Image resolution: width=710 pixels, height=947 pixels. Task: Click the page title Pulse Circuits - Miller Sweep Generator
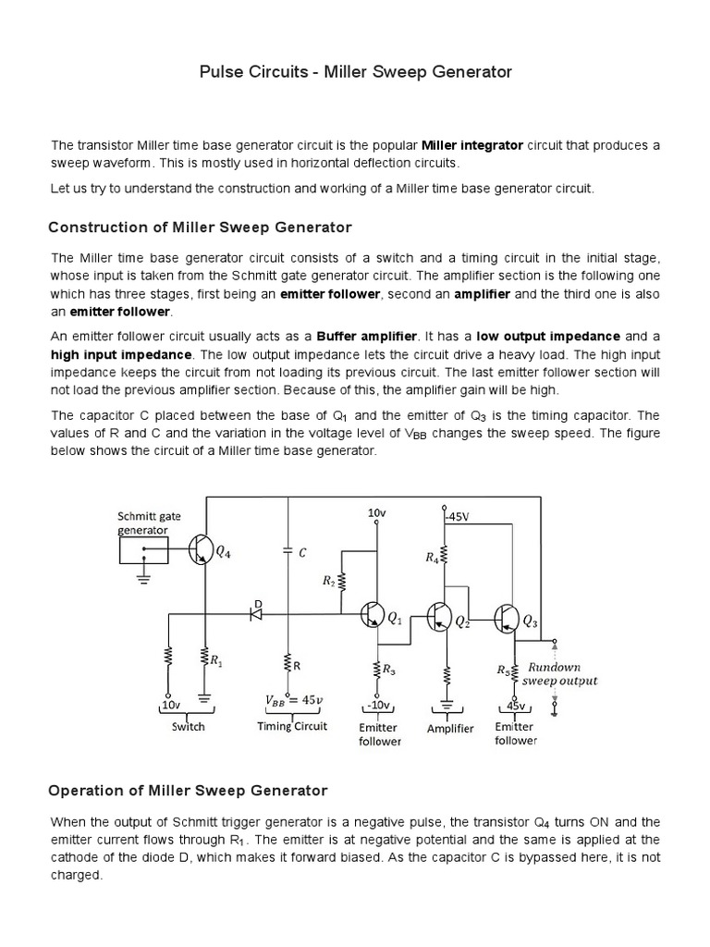[355, 71]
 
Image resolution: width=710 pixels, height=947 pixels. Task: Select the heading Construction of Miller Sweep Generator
[200, 227]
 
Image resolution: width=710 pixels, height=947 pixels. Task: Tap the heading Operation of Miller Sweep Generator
[187, 791]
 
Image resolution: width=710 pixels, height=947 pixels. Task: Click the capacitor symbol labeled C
[288, 551]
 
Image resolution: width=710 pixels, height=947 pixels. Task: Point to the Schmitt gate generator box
[143, 550]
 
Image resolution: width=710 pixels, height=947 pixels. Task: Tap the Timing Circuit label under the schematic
[292, 727]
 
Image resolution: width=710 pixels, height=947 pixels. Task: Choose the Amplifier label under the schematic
[450, 729]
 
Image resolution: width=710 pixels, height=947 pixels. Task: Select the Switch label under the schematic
[189, 727]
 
